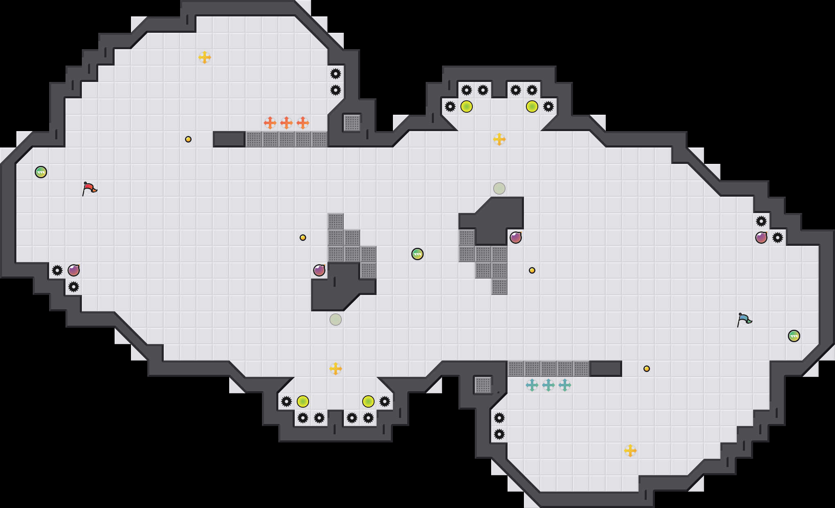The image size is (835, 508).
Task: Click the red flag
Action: tap(89, 188)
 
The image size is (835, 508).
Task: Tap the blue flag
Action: tap(744, 320)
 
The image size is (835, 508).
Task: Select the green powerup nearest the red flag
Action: tap(41, 172)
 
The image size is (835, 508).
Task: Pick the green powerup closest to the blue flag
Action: tap(794, 336)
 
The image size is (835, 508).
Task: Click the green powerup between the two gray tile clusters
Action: tap(417, 254)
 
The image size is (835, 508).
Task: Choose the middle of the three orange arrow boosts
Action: tap(287, 122)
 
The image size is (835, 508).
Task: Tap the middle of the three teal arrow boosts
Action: tap(548, 385)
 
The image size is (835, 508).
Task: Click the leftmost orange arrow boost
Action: tap(270, 122)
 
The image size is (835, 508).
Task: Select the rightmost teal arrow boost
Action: tap(565, 385)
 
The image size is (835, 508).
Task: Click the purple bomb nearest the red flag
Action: tap(74, 270)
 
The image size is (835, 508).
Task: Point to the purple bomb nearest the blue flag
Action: tap(761, 238)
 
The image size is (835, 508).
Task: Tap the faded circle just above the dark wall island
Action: tap(499, 188)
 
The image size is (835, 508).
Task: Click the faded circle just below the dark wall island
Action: tap(336, 320)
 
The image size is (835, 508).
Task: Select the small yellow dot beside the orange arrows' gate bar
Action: tap(188, 139)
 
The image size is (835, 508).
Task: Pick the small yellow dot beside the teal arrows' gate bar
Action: tap(647, 369)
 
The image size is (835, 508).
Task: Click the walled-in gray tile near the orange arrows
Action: tap(352, 123)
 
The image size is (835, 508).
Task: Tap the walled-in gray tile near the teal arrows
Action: tap(483, 385)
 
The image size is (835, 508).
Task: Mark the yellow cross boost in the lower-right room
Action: tap(630, 451)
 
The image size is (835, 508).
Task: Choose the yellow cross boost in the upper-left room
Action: tap(205, 57)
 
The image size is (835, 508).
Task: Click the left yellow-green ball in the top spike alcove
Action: tap(467, 107)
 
